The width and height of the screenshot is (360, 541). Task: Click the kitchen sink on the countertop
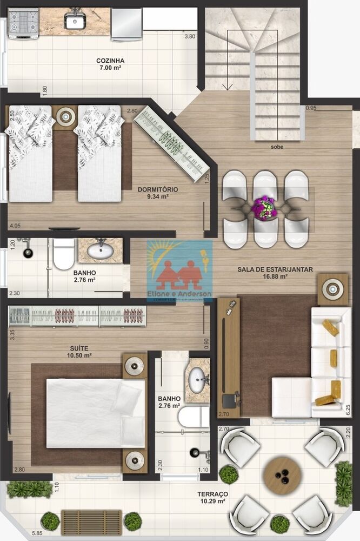[75, 21]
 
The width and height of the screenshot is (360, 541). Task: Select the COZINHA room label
[110, 64]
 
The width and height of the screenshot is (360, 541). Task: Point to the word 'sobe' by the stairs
[278, 147]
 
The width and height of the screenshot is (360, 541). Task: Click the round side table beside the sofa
[332, 289]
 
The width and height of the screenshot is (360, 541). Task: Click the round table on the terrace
[282, 474]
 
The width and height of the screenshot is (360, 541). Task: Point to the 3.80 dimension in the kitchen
[189, 37]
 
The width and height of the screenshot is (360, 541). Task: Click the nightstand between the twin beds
[65, 116]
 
